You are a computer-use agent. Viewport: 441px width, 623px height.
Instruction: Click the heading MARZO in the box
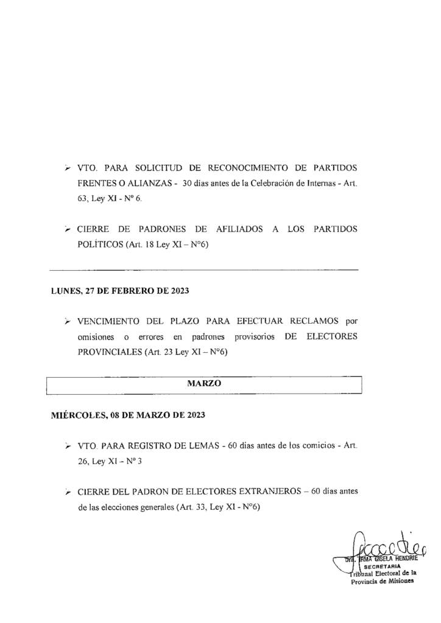(204, 384)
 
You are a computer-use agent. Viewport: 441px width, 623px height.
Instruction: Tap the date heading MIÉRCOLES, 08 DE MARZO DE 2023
(127, 416)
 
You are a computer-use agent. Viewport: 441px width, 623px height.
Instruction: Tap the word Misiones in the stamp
(396, 580)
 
